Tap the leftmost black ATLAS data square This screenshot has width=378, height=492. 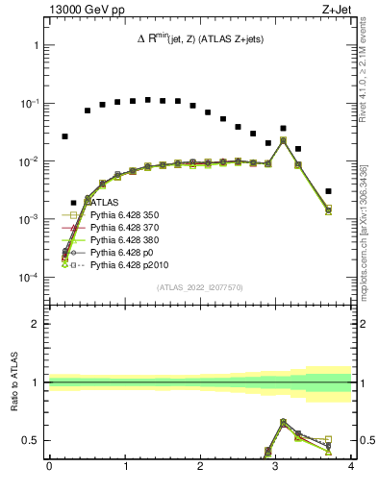[x=64, y=136]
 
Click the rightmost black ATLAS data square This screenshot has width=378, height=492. [x=329, y=191]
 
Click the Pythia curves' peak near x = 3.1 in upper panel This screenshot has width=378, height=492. [x=283, y=140]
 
